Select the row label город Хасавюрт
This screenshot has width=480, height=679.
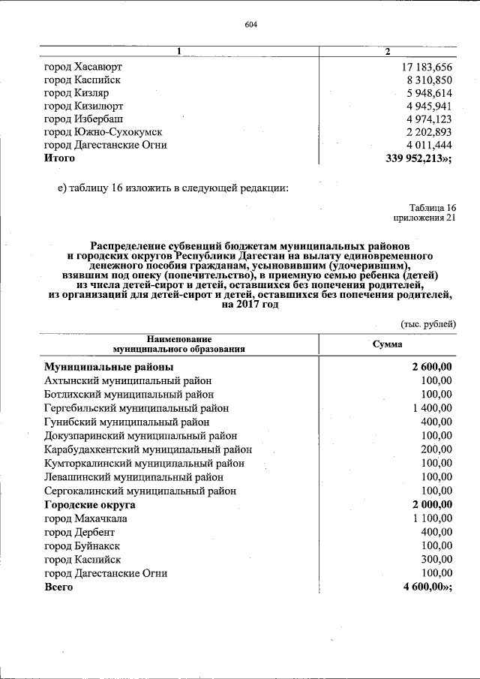coord(82,67)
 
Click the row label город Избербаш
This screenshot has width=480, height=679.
coord(83,119)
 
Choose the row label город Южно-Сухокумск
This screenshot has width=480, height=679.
coord(103,132)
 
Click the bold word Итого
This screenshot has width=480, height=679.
coord(59,158)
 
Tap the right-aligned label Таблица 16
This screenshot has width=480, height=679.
coord(433,208)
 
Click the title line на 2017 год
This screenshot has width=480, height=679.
coord(250,305)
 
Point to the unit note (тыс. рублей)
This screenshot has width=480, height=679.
coord(427,324)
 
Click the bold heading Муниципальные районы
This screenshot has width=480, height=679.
coord(109,367)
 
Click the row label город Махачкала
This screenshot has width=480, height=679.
coord(85,518)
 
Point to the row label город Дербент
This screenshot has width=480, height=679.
coord(79,532)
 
